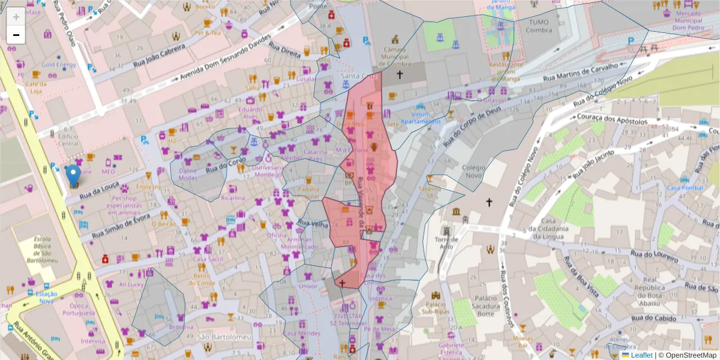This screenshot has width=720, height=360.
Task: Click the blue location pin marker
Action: point(73,175)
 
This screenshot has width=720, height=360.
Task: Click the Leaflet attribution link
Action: point(641,355)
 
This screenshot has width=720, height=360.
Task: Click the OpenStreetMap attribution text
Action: point(691,355)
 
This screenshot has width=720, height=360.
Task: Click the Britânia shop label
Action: point(181,327)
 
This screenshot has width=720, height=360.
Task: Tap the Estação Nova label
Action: point(46,298)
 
